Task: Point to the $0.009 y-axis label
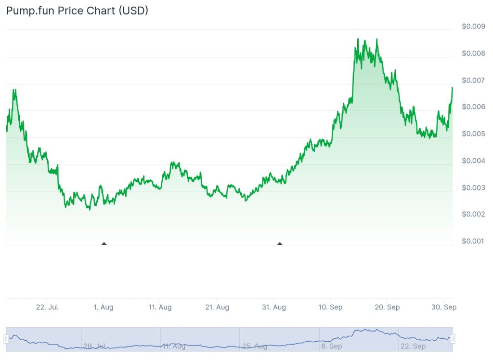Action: click(473, 27)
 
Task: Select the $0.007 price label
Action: click(473, 80)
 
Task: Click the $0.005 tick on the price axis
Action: click(473, 133)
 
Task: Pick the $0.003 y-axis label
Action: click(473, 187)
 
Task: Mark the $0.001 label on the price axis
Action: click(473, 241)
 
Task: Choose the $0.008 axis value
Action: click(473, 53)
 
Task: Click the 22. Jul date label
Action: click(47, 307)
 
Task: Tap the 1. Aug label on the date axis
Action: click(104, 307)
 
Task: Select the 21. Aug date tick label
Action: click(217, 307)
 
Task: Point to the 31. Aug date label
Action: click(274, 307)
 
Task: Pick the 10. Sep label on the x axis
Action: click(330, 307)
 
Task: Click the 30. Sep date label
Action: click(444, 307)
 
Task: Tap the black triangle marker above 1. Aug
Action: click(104, 244)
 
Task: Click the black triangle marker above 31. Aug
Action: click(280, 244)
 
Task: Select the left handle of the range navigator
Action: click(6, 339)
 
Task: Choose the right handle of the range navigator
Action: click(453, 339)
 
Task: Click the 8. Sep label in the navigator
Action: click(332, 346)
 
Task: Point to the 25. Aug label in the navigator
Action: click(254, 346)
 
